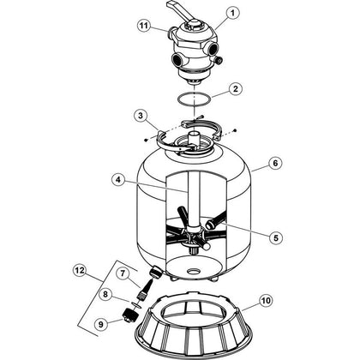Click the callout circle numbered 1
[x=232, y=13]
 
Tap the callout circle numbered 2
[x=235, y=89]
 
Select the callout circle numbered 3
[x=141, y=117]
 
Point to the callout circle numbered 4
[x=118, y=180]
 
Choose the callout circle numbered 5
[x=275, y=237]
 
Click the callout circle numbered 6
[x=275, y=163]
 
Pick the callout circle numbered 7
[x=123, y=273]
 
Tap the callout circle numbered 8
[x=105, y=294]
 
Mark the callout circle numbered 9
[x=102, y=324]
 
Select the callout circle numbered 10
[x=266, y=301]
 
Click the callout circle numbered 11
[x=144, y=26]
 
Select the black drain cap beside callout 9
[x=131, y=315]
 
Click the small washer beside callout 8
[x=136, y=304]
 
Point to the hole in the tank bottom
[x=194, y=270]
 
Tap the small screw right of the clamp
[x=235, y=130]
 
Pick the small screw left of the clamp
[x=147, y=140]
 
